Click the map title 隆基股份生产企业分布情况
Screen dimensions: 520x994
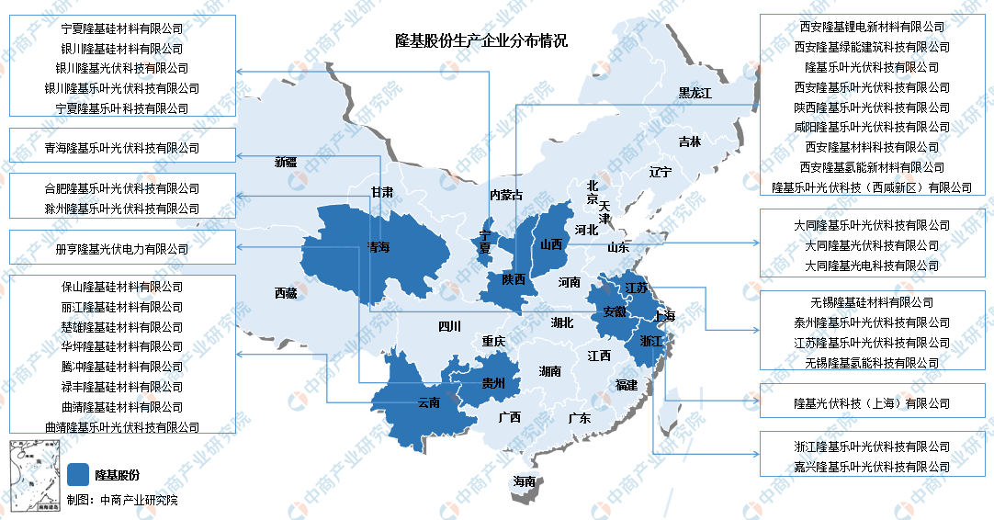[480, 40]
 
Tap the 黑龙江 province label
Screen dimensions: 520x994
[695, 93]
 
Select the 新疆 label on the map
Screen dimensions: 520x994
[286, 162]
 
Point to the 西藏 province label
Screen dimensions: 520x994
[286, 293]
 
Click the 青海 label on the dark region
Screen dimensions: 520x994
[378, 247]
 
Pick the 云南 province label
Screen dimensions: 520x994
[429, 401]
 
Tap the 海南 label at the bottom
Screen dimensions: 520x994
[525, 481]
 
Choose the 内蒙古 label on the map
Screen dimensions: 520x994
[506, 194]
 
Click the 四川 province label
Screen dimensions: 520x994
[448, 325]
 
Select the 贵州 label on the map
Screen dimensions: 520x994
[493, 384]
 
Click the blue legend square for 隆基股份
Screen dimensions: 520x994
[79, 474]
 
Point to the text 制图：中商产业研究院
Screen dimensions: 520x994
[122, 500]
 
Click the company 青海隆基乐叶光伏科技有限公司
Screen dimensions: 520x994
[121, 147]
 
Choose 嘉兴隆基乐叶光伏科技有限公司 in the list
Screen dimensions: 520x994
[872, 467]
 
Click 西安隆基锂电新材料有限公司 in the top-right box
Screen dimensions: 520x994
[872, 27]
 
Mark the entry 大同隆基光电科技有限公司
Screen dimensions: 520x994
[872, 266]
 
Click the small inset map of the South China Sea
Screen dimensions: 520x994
[31, 476]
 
